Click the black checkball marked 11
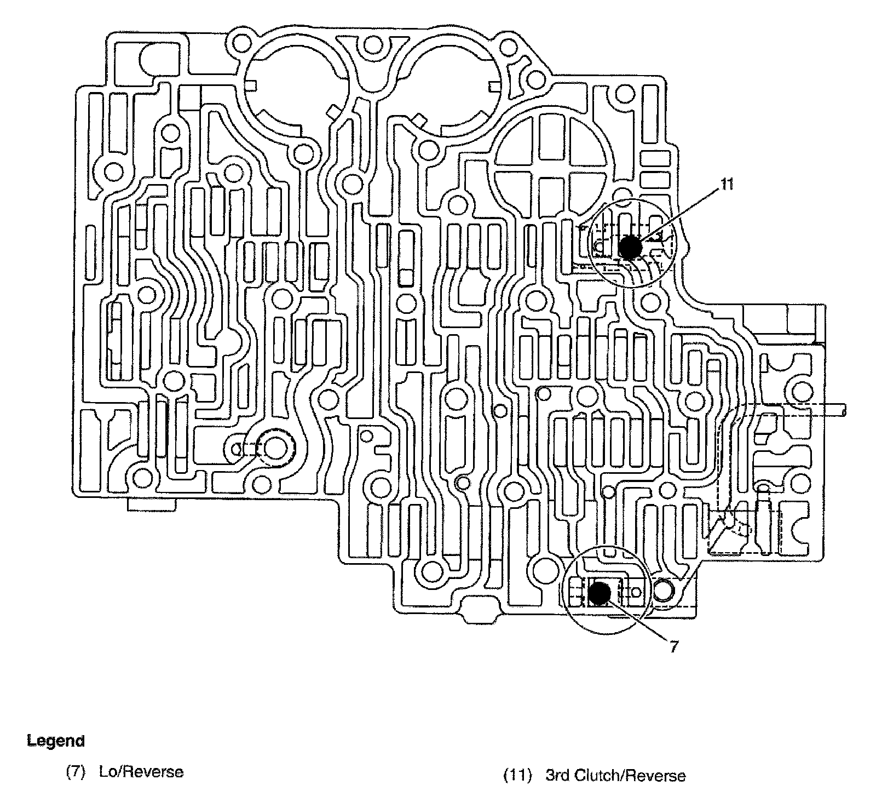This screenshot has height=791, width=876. click(630, 247)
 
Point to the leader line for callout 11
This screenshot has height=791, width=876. click(679, 216)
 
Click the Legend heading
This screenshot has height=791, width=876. click(56, 741)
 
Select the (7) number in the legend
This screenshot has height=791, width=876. click(75, 772)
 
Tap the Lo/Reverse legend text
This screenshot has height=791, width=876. click(141, 772)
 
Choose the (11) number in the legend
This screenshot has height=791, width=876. click(517, 776)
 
